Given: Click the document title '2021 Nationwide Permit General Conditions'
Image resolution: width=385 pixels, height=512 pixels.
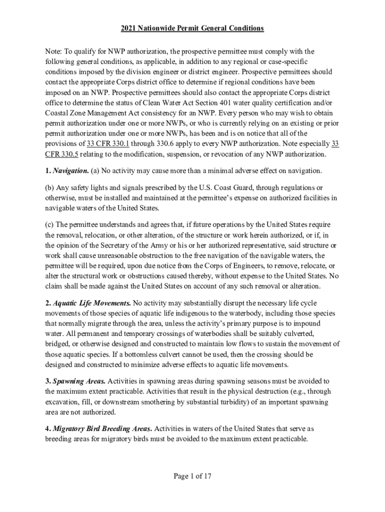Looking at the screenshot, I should click(x=192, y=28).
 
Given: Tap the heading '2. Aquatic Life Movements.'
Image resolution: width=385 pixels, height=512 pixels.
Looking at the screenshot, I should click(x=88, y=303).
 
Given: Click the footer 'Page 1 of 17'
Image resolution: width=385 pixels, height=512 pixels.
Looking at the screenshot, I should click(x=192, y=476).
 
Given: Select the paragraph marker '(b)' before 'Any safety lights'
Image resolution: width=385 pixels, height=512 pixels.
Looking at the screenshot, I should click(x=50, y=187).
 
